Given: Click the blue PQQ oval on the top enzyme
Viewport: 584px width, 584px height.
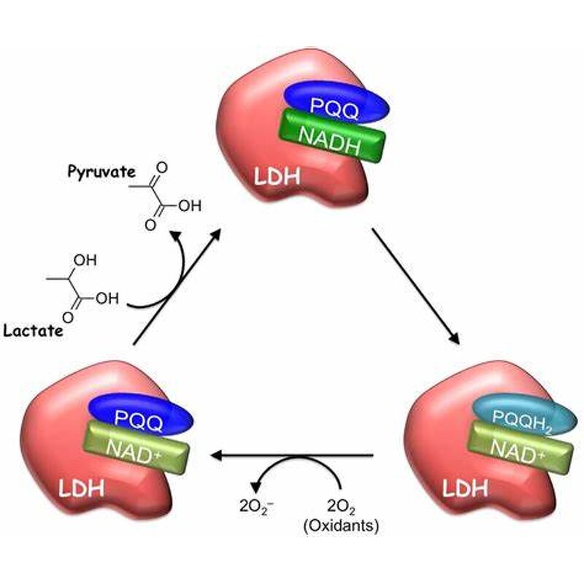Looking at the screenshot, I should (336, 103).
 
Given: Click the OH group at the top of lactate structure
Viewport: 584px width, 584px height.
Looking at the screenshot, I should (87, 261).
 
